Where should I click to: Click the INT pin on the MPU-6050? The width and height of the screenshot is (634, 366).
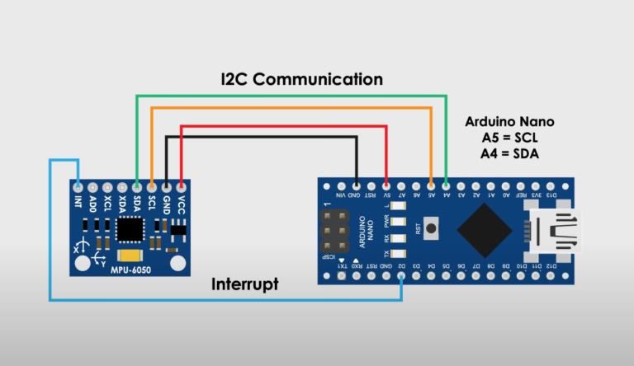pos(78,186)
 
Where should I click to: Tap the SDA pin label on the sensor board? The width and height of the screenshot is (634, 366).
pos(136,201)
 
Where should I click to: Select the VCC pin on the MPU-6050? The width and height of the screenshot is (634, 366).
pos(181,186)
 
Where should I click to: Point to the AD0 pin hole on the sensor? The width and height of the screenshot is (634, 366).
pos(92,186)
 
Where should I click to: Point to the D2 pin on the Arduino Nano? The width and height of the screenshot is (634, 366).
pos(401,278)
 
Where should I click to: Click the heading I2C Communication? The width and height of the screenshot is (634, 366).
pos(301,79)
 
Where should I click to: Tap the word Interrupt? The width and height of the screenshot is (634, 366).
pos(245,284)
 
